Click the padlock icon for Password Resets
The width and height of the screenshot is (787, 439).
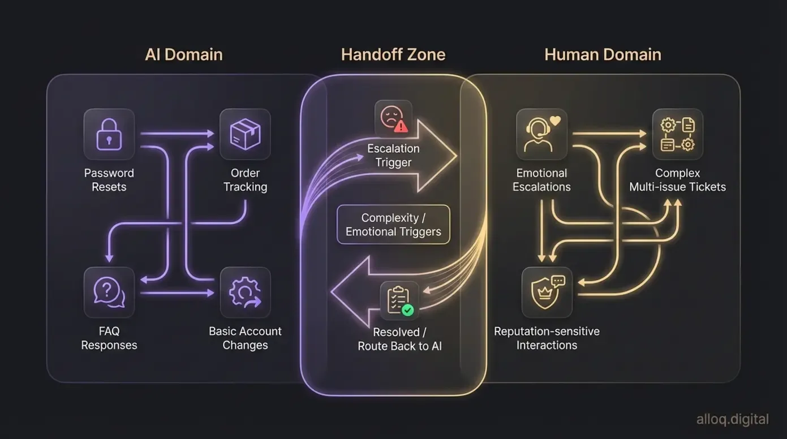109,134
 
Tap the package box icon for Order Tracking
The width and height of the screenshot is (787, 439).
245,134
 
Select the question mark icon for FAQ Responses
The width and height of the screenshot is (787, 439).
109,292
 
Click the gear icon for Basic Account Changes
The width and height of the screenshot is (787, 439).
245,292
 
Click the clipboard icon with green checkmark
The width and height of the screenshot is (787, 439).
399,300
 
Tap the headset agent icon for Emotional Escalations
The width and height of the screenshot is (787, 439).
541,134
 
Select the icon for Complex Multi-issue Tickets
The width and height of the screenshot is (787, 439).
677,134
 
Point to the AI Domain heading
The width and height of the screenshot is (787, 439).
184,55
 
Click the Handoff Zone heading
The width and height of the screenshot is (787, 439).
393,55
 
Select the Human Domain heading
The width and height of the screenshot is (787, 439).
603,55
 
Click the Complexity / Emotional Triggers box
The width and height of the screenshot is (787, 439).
393,225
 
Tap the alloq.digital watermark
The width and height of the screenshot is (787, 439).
733,419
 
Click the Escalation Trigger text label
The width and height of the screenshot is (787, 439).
393,156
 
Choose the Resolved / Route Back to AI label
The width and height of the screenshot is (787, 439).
399,339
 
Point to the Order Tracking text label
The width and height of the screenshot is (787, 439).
245,180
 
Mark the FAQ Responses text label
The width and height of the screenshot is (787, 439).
109,338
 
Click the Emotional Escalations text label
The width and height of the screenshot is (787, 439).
541,180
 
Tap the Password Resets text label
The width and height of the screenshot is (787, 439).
109,180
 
